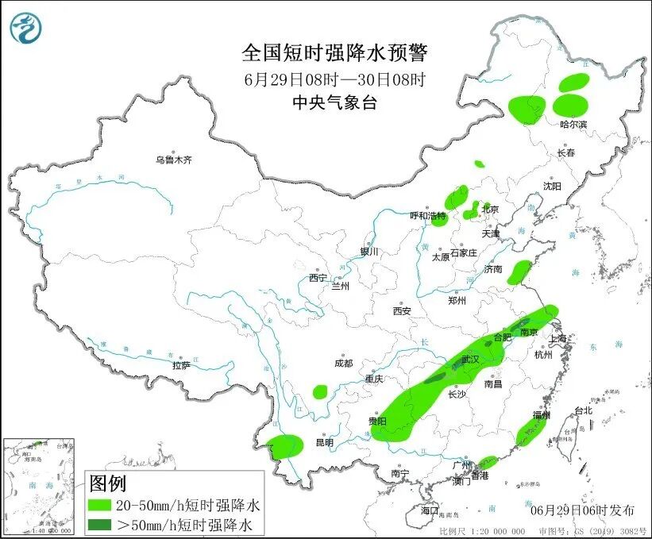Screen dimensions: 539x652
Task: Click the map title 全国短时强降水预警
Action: point(334,53)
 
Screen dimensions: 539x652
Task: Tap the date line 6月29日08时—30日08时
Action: point(334,79)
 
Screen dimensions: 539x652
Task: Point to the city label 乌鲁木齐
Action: point(174,160)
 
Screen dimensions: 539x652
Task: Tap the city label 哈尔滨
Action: point(573,125)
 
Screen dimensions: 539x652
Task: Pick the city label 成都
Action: point(343,363)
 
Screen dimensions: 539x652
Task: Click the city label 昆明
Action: point(325,442)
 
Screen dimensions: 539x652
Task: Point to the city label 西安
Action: point(401,311)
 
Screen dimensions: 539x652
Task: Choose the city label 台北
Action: point(583,410)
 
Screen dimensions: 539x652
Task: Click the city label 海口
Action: point(430,510)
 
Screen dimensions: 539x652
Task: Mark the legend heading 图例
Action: point(107,483)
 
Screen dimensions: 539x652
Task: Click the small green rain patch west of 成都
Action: point(320,391)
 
